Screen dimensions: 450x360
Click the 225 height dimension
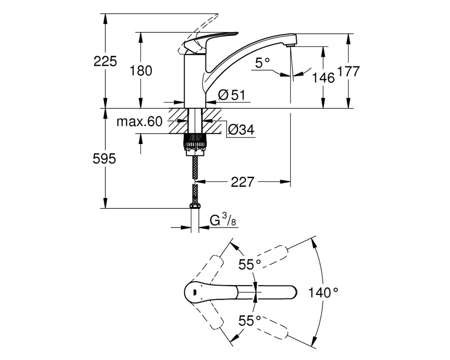pyautogui.click(x=105, y=62)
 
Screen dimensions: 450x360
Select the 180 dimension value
pyautogui.click(x=140, y=71)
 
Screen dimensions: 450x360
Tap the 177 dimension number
pyautogui.click(x=348, y=71)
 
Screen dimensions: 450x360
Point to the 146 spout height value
pyautogui.click(x=324, y=77)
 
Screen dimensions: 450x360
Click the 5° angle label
pyautogui.click(x=263, y=63)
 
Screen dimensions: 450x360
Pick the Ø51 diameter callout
pyautogui.click(x=232, y=95)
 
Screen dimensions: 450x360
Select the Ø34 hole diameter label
pyautogui.click(x=241, y=130)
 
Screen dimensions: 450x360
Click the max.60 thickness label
pyautogui.click(x=139, y=121)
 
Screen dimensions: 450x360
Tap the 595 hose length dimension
pyautogui.click(x=104, y=158)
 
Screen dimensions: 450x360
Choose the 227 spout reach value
pyautogui.click(x=243, y=182)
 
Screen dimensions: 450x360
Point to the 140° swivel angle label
pyautogui.click(x=323, y=292)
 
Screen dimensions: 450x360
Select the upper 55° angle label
pyautogui.click(x=250, y=265)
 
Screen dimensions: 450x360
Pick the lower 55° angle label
pyautogui.click(x=250, y=321)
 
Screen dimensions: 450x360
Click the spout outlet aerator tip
pyautogui.click(x=291, y=45)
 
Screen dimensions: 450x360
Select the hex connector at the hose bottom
pyautogui.click(x=194, y=206)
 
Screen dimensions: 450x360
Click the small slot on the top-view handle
pyautogui.click(x=194, y=292)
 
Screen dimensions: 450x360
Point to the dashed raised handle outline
pyautogui.click(x=198, y=33)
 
